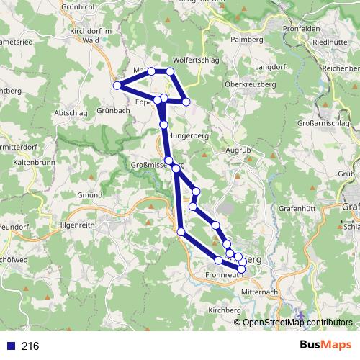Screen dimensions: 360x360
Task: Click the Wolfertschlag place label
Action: pyautogui.click(x=195, y=60)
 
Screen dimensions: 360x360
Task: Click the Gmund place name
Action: pyautogui.click(x=90, y=195)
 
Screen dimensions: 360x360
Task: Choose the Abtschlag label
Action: pyautogui.click(x=71, y=114)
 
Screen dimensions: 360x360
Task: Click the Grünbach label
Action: pyautogui.click(x=112, y=110)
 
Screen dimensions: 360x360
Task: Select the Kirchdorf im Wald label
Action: pyautogui.click(x=91, y=35)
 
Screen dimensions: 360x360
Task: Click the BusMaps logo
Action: pyautogui.click(x=326, y=346)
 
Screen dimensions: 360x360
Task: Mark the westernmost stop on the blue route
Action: pyautogui.click(x=116, y=85)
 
